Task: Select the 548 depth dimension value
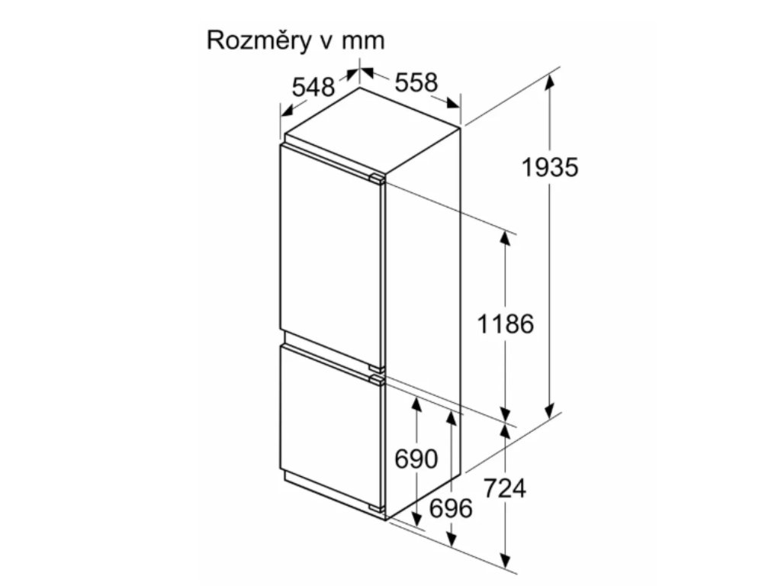pos(313,88)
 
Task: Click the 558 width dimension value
pos(416,82)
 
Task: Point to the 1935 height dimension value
pos(550,166)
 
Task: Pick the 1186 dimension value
pos(505,324)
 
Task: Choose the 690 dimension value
pos(416,459)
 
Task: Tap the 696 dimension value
pos(452,507)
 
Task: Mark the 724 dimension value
pos(505,488)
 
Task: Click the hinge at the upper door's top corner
pos(377,179)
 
